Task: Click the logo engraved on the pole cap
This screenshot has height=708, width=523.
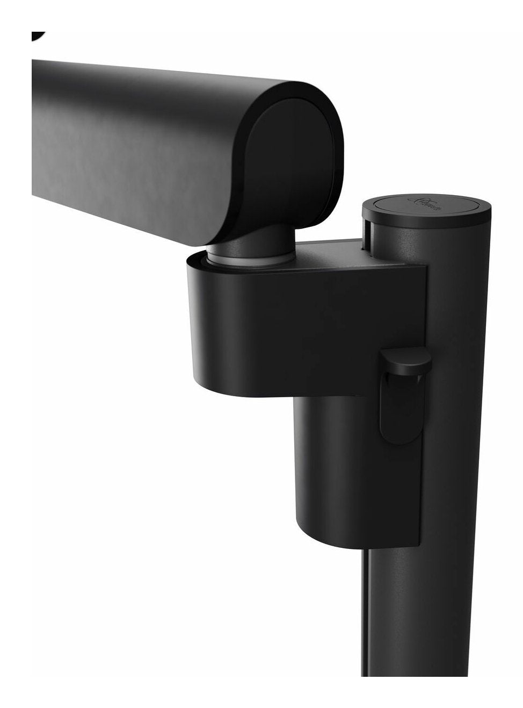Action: pos(427,204)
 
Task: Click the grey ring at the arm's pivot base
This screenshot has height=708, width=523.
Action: pos(252,260)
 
